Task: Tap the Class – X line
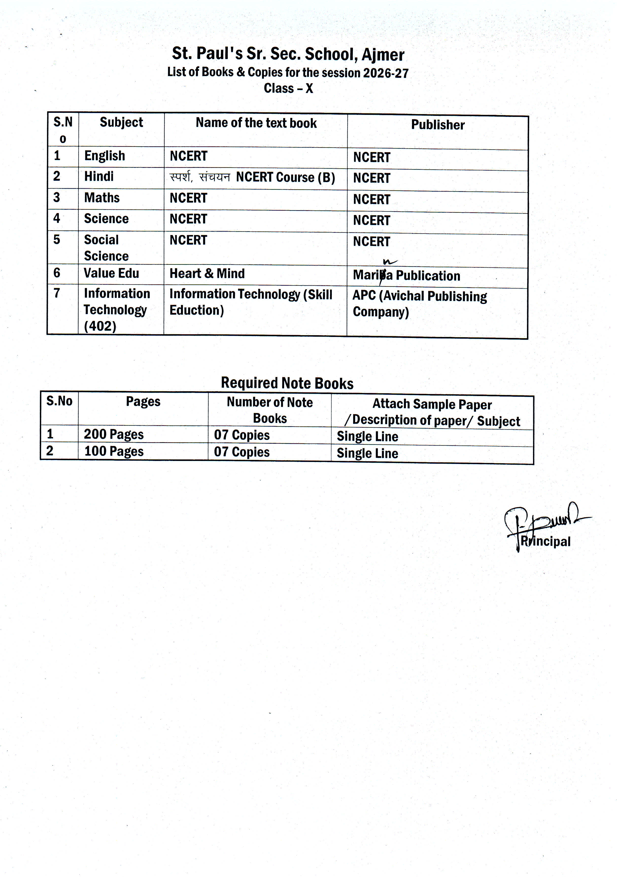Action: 288,88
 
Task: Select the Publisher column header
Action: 438,125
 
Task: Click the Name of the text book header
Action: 256,123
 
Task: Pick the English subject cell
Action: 105,156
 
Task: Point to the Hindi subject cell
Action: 99,176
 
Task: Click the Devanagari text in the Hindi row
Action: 200,177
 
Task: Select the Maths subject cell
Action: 102,198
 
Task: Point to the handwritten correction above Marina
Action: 389,262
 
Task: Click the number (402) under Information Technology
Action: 100,326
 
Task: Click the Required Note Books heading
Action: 287,383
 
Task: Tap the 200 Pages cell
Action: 114,434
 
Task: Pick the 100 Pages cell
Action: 114,451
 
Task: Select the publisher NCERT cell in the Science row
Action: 372,220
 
